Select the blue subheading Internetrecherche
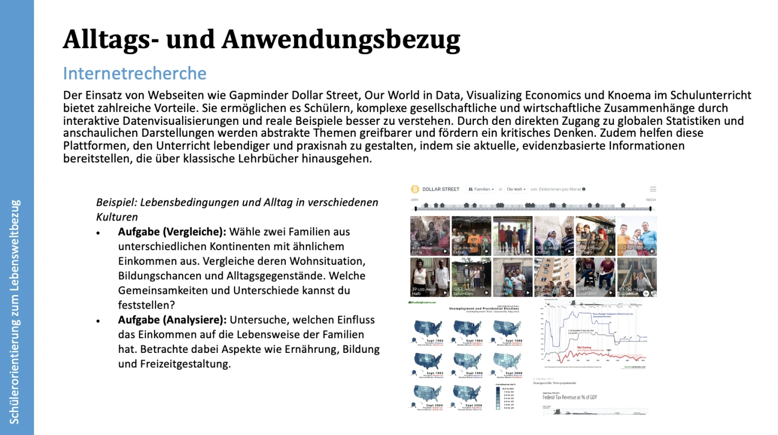coord(135,73)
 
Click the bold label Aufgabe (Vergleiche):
coord(172,232)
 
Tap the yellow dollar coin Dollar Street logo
coord(415,189)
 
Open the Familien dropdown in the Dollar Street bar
coord(481,189)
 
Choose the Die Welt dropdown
coord(515,189)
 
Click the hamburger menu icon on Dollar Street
coord(653,189)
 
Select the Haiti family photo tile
coord(430,277)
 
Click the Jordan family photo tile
coord(554,236)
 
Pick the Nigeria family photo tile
coord(512,277)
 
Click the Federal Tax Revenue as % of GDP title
coord(569,397)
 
